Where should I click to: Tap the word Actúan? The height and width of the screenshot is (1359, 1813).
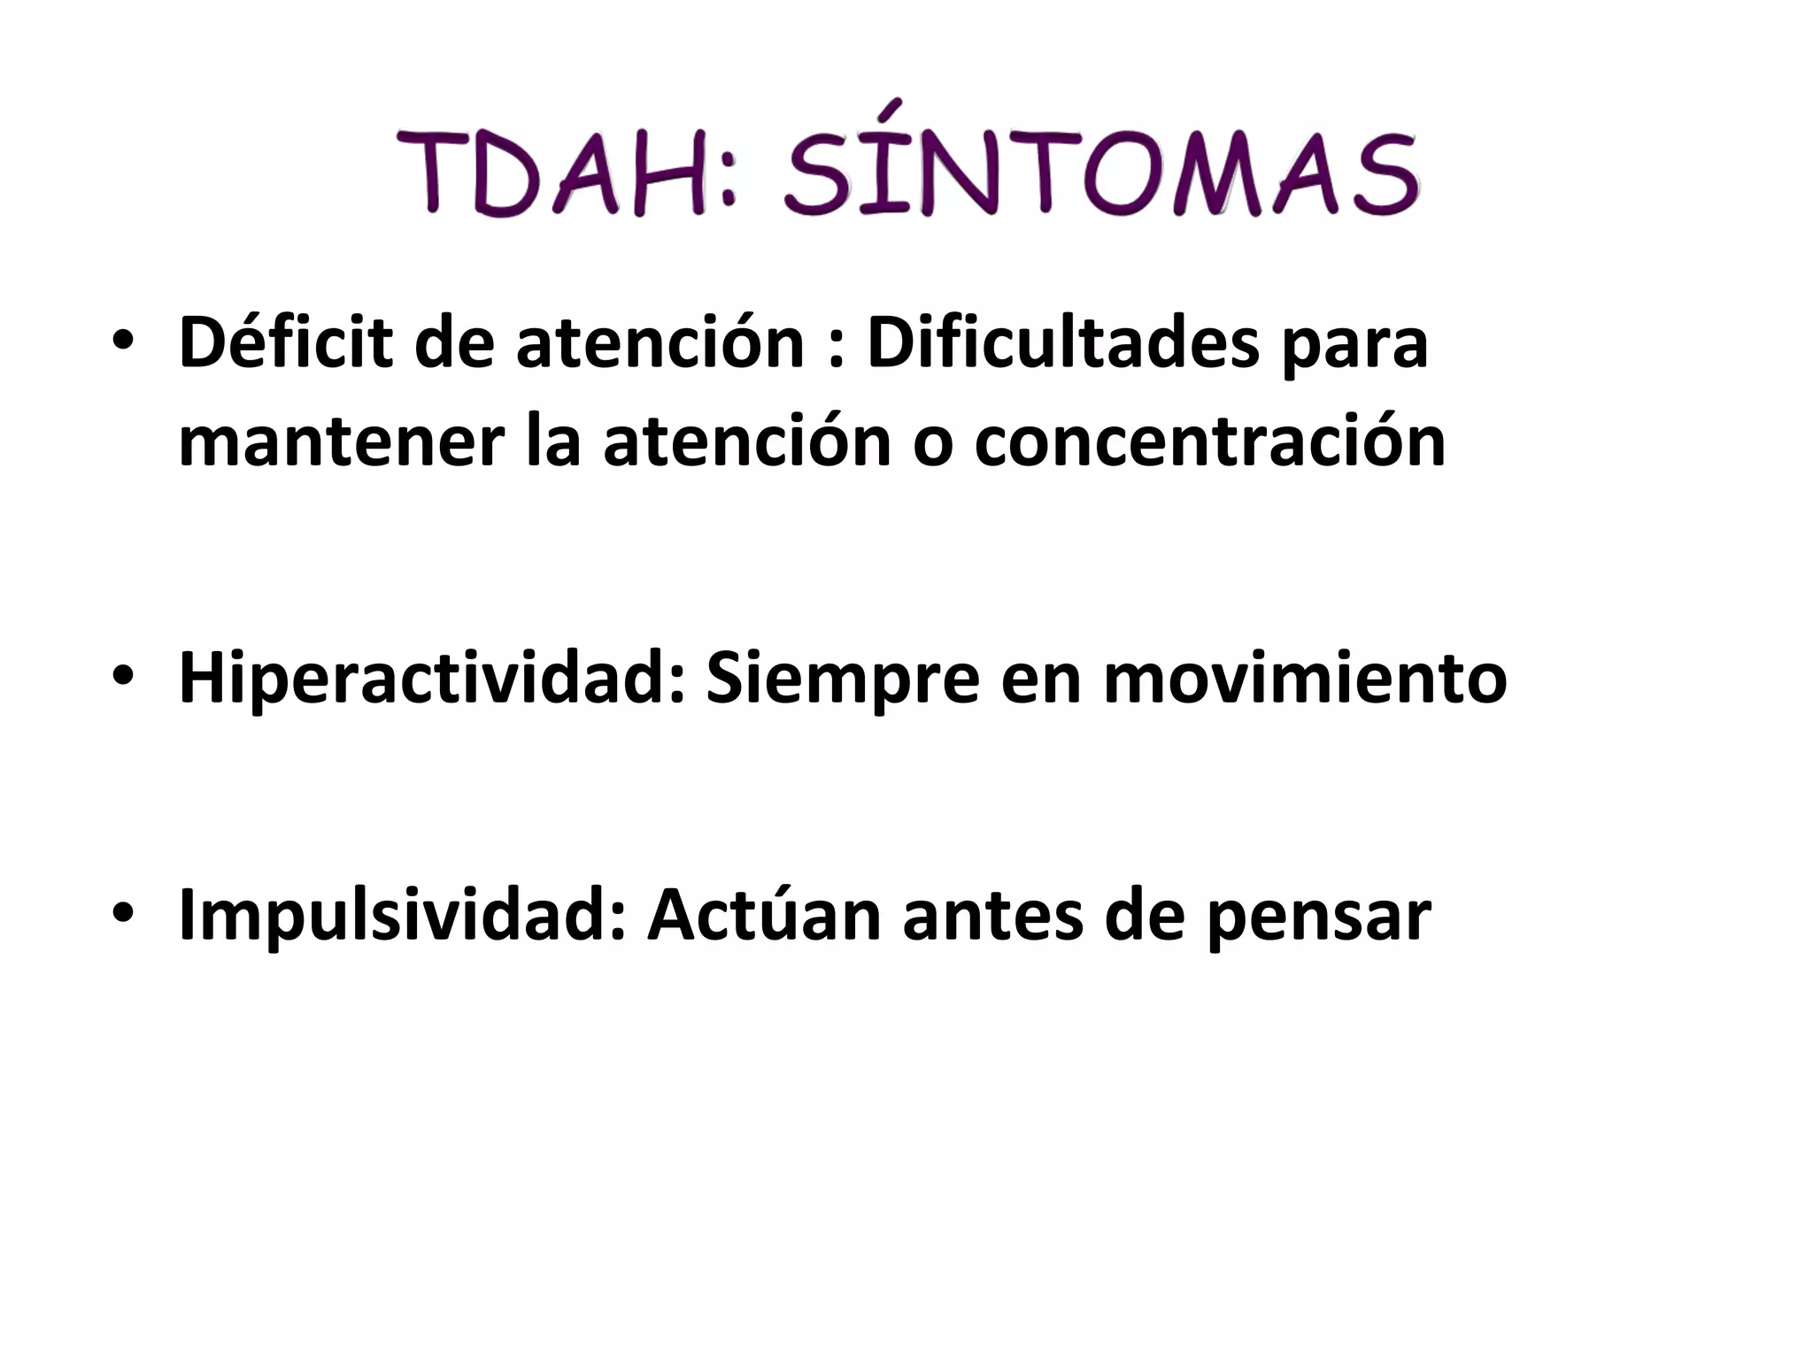click(x=764, y=915)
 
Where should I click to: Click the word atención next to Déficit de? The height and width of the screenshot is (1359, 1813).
click(x=660, y=342)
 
